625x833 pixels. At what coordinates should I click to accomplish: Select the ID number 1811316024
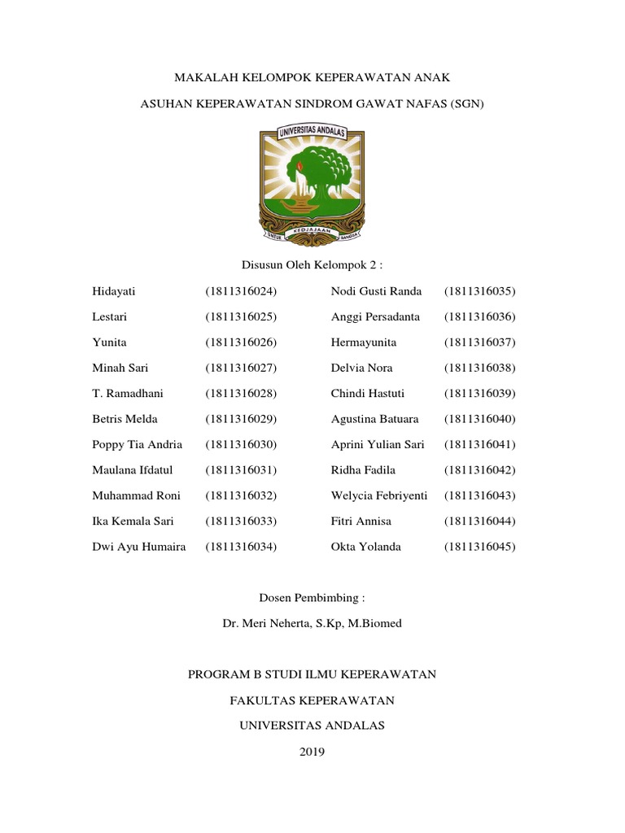point(242,291)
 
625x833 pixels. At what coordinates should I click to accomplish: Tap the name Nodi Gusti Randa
point(376,291)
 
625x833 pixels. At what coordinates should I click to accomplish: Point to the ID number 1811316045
point(480,547)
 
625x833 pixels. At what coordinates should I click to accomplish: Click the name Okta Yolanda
point(365,547)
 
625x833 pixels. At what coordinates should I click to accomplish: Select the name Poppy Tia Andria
point(138,444)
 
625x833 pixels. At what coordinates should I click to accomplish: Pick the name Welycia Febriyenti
point(379,495)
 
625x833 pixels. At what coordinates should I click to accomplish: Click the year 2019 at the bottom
point(312,752)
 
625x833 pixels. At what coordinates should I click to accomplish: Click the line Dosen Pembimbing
point(312,598)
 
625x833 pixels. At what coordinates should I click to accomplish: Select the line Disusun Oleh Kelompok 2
point(312,265)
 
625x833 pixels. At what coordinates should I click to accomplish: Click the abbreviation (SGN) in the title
point(465,105)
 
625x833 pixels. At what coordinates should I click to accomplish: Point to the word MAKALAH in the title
point(205,78)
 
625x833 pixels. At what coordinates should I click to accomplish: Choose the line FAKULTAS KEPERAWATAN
point(312,700)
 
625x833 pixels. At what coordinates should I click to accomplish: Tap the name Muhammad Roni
point(137,495)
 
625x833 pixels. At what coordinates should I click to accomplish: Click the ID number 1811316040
point(480,419)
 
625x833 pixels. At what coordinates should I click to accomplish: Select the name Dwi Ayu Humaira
point(139,547)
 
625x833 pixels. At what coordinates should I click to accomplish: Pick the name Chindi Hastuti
point(368,393)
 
